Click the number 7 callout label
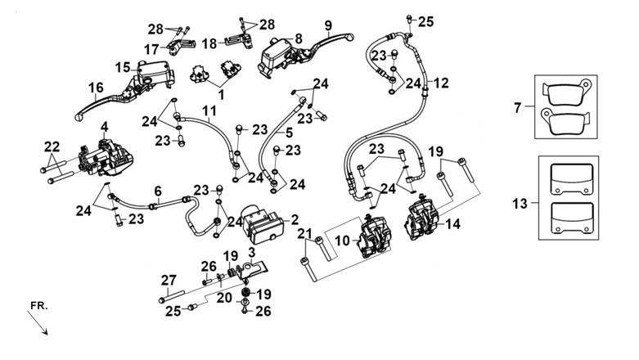pyautogui.click(x=517, y=108)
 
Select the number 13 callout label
pyautogui.click(x=520, y=203)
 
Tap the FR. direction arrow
pyautogui.click(x=38, y=323)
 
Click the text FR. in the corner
pyautogui.click(x=39, y=306)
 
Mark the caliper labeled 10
pyautogui.click(x=374, y=236)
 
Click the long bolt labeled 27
pyautogui.click(x=172, y=296)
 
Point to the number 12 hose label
pyautogui.click(x=440, y=83)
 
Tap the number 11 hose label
pyautogui.click(x=209, y=110)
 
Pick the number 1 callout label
pyautogui.click(x=221, y=95)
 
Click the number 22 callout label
pyautogui.click(x=52, y=146)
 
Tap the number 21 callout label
pyautogui.click(x=304, y=234)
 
